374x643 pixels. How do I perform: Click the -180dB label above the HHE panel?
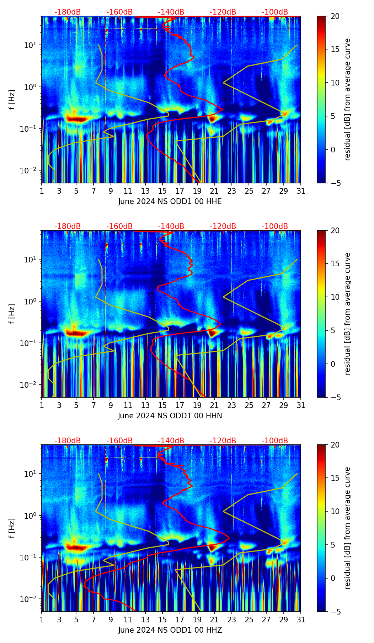(x=68, y=12)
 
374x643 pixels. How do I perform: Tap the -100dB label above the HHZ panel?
(x=275, y=441)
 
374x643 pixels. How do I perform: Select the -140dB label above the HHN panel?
(x=171, y=226)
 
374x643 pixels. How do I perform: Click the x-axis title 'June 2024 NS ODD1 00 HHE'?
(x=170, y=202)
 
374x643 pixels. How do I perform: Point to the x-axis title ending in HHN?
(x=170, y=416)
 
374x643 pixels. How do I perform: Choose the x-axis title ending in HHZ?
(x=170, y=630)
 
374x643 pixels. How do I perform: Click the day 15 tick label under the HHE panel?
(x=162, y=191)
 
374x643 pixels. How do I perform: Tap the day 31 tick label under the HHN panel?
(x=301, y=406)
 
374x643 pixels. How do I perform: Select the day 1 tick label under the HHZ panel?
(x=42, y=620)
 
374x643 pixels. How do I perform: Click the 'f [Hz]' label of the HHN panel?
(x=12, y=314)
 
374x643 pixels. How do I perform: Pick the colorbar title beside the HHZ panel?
(x=348, y=528)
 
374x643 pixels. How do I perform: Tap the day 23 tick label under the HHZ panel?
(x=232, y=620)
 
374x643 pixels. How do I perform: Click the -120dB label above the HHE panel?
(x=223, y=12)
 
